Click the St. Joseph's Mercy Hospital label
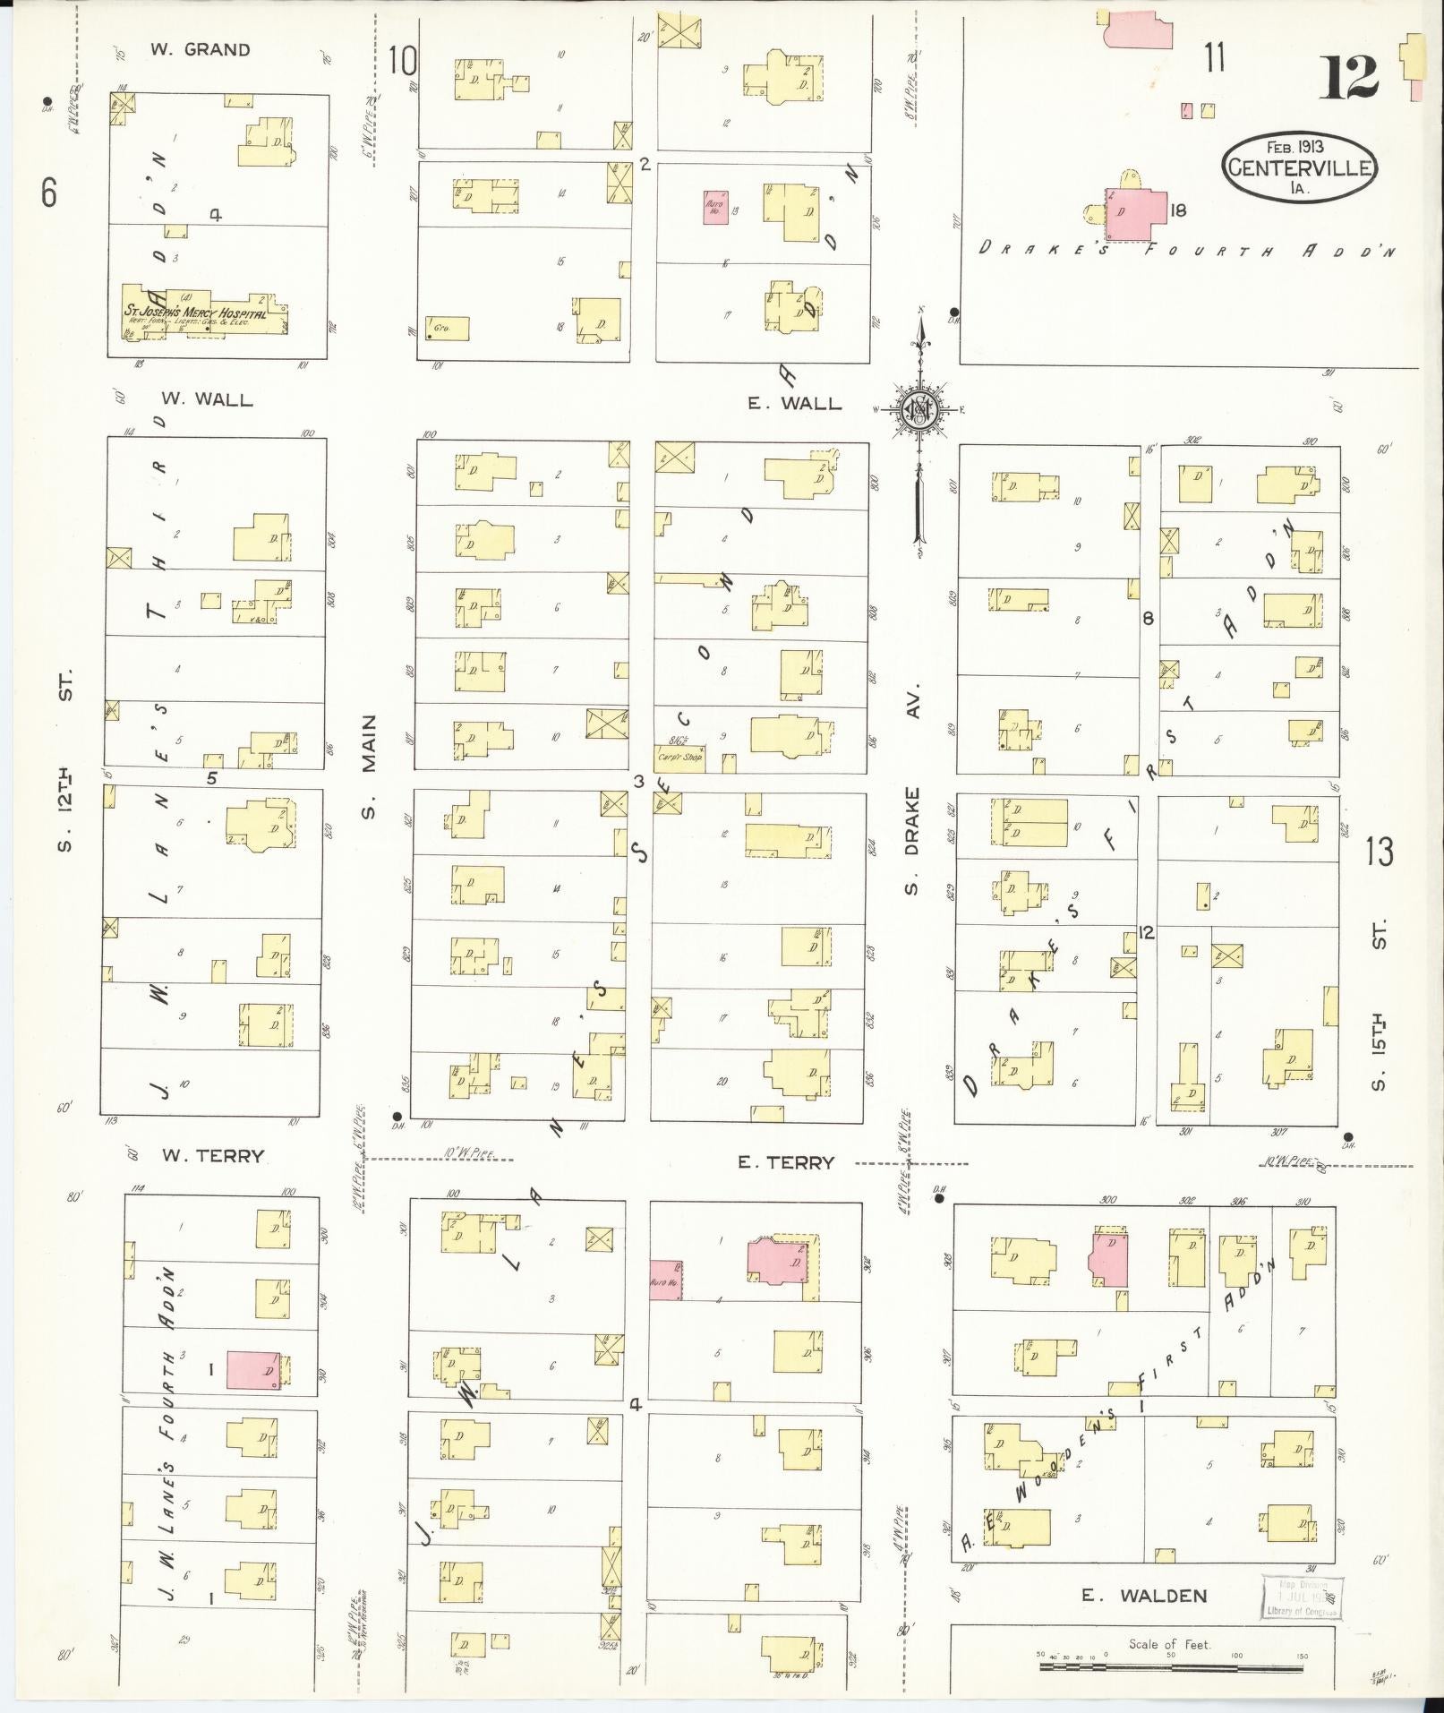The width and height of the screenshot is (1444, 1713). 195,314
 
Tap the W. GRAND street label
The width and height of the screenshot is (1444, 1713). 200,50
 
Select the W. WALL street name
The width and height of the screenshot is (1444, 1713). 207,399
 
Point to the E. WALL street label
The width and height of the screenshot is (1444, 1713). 795,404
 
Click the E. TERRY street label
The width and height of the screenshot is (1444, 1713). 785,1162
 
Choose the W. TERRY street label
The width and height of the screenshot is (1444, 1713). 212,1156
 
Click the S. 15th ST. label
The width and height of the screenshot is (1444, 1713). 1379,1003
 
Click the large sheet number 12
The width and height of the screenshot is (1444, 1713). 1347,77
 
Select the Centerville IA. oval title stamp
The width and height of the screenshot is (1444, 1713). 1301,167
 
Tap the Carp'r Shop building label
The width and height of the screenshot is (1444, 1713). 679,758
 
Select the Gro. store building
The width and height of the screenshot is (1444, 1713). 446,329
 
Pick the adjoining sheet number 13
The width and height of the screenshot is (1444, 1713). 1380,852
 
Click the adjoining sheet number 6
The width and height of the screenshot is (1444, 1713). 48,191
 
